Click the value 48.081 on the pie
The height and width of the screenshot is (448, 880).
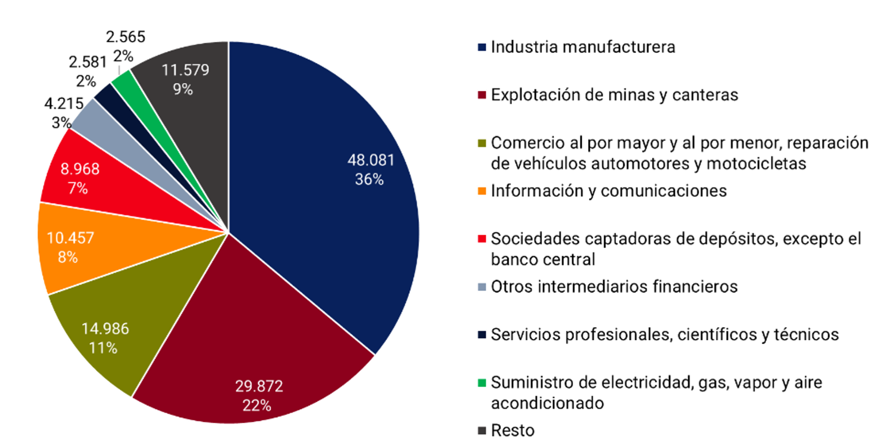(371, 160)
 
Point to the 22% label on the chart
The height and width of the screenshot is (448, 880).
(257, 406)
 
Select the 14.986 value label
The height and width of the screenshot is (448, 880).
(105, 329)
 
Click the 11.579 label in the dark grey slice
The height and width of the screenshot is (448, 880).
(185, 70)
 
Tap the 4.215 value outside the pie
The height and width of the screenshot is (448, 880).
(64, 104)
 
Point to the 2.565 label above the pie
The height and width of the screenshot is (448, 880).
(125, 37)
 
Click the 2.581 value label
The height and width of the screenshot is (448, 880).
(88, 62)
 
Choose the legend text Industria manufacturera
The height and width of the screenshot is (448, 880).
(583, 47)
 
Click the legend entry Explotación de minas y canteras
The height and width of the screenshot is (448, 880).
(614, 95)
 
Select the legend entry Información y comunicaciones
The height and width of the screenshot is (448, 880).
(608, 191)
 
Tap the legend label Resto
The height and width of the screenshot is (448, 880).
(512, 431)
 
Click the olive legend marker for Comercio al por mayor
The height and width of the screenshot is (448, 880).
(482, 143)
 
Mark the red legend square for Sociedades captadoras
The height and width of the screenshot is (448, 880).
(482, 239)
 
